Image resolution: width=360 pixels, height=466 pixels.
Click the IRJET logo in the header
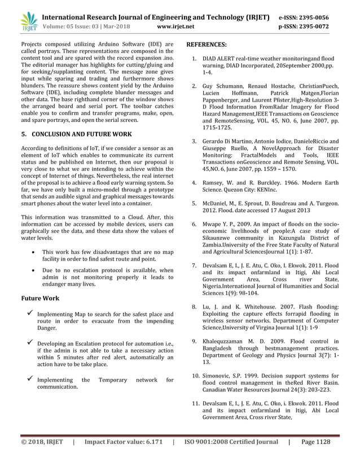pyautogui.click(x=28, y=21)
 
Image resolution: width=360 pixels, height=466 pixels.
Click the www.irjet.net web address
pyautogui.click(x=177, y=26)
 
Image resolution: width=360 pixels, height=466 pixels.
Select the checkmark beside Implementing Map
pyautogui.click(x=25, y=313)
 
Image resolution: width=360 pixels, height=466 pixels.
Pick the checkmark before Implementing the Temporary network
pyautogui.click(x=25, y=380)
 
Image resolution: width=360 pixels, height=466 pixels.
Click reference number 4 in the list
pyautogui.click(x=194, y=183)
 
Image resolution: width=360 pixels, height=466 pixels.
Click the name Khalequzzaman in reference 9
pyautogui.click(x=226, y=341)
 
